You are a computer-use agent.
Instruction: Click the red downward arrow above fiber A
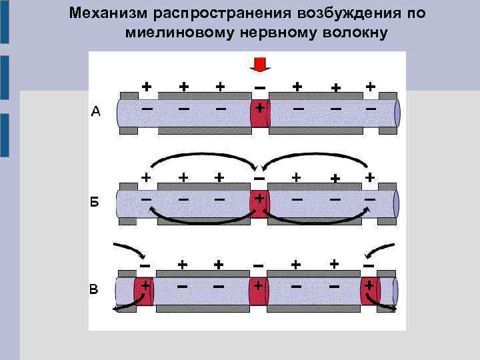click(259, 64)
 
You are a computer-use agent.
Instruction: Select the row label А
click(95, 112)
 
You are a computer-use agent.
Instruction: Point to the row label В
click(95, 289)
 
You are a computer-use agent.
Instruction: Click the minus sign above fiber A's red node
click(259, 87)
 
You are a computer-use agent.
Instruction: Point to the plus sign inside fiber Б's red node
click(259, 199)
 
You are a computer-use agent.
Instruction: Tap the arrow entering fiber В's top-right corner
click(381, 251)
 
